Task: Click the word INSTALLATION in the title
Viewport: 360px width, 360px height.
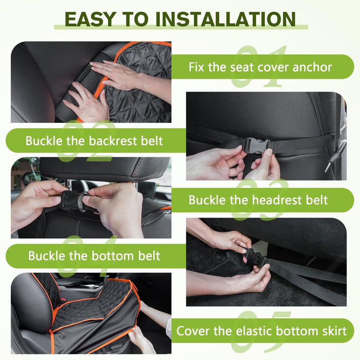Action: coord(226,19)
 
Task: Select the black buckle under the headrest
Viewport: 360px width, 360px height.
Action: coord(71,200)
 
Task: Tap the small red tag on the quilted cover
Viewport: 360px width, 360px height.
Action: coord(64,299)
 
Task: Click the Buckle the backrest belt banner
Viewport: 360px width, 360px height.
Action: coord(96,141)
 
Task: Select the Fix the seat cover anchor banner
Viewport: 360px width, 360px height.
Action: coord(263,67)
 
